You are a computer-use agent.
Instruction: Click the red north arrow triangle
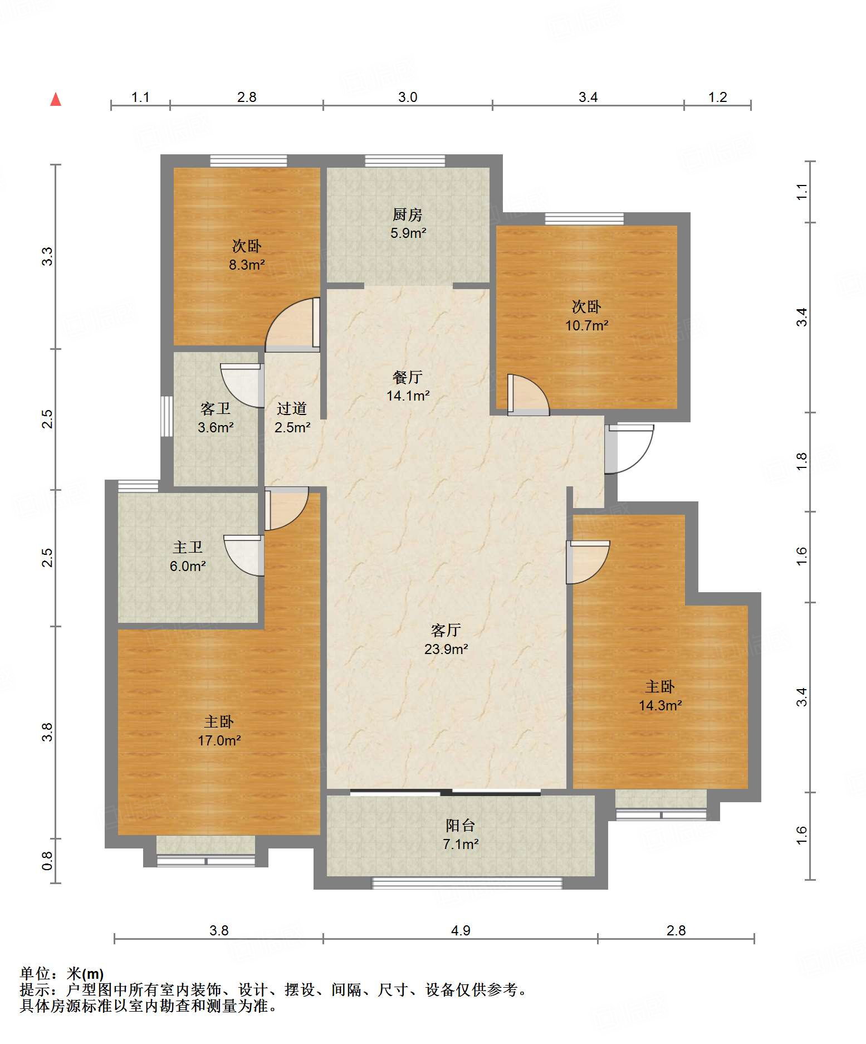pos(56,99)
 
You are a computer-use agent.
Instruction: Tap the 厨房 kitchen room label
pos(408,214)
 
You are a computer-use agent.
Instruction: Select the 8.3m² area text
pos(247,265)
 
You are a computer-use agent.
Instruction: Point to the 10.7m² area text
pos(587,325)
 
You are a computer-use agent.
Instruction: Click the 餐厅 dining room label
pos(408,377)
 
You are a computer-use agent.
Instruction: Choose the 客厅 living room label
pos(446,630)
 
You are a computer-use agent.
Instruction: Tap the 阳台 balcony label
pos(461,825)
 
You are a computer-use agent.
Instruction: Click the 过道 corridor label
pos(292,408)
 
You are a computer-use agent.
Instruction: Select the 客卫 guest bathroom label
pos(216,408)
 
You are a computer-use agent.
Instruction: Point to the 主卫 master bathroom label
pos(188,547)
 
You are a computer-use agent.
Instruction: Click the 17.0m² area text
pos(219,740)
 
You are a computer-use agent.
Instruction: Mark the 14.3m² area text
pos(660,705)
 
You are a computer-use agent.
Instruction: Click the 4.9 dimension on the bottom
pos(461,930)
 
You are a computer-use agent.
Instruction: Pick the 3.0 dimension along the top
pos(408,97)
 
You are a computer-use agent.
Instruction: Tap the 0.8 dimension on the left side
pos(47,861)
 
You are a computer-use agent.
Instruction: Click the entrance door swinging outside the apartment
pos(629,449)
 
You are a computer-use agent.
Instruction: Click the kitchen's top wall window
pos(405,161)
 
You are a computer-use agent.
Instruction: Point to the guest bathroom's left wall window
pos(167,416)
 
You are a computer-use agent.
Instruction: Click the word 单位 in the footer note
pos(35,973)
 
